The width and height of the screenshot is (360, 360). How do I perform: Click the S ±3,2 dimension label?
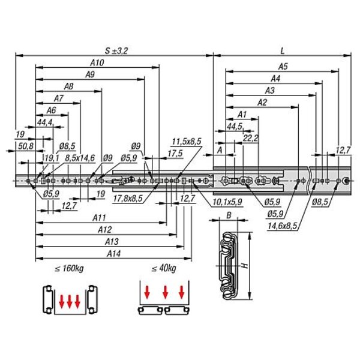116,51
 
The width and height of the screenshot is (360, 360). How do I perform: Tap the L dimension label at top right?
283,51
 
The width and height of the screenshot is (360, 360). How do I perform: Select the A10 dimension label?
97,62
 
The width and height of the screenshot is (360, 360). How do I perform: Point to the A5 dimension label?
283,67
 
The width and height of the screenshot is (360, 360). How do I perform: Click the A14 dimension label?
113,254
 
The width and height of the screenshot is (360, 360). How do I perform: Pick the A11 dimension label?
99,218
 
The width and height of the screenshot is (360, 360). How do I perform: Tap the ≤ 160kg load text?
69,268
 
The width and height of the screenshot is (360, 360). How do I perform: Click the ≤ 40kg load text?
164,268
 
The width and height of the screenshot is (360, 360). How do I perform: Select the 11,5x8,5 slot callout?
187,142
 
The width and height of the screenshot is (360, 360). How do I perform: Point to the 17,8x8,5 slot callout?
128,198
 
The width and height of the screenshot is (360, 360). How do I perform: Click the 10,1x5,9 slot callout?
227,202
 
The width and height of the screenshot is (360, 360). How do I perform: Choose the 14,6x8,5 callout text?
282,226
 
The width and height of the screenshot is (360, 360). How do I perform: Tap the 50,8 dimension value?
26,146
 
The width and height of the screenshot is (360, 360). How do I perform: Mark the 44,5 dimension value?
235,127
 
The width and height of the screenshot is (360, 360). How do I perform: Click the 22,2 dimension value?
251,138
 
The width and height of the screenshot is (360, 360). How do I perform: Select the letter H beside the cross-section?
245,266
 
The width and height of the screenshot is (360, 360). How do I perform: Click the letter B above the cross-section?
229,215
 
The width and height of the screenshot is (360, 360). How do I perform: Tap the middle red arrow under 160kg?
70,302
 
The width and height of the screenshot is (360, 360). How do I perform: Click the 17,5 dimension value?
175,154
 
